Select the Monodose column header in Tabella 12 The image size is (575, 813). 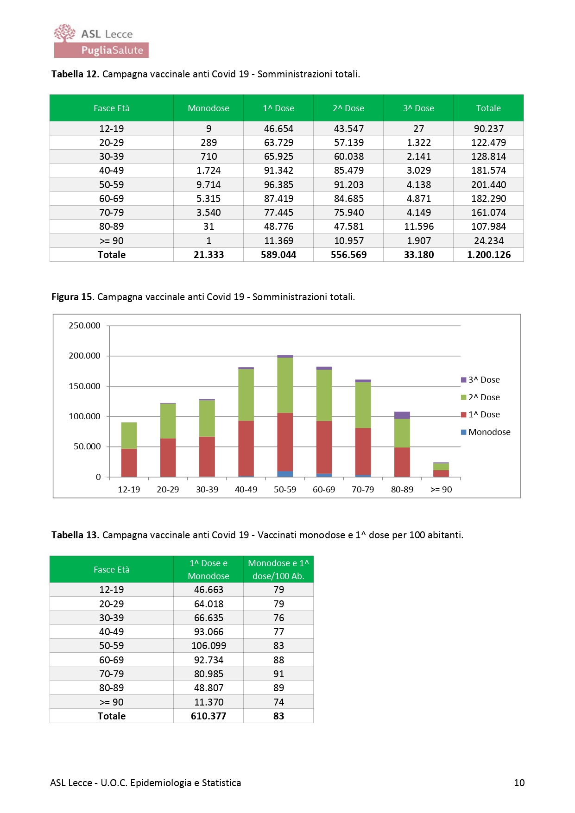pyautogui.click(x=209, y=108)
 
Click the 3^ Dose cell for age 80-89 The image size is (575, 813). pyautogui.click(x=418, y=227)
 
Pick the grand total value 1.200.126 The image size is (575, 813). pyautogui.click(x=488, y=255)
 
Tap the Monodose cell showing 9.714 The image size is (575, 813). pyautogui.click(x=209, y=185)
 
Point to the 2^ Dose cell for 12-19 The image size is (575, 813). pyautogui.click(x=348, y=129)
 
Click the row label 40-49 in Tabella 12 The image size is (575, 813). pyautogui.click(x=112, y=170)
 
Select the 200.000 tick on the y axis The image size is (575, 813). pyautogui.click(x=84, y=356)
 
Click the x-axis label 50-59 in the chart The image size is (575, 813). pyautogui.click(x=285, y=490)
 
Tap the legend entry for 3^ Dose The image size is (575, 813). pyautogui.click(x=480, y=380)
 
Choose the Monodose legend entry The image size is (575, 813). pyautogui.click(x=486, y=432)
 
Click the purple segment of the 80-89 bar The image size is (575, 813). pyautogui.click(x=402, y=415)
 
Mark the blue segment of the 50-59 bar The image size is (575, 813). pyautogui.click(x=285, y=474)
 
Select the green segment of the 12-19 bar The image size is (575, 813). pyautogui.click(x=129, y=435)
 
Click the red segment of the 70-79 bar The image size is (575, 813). pyautogui.click(x=363, y=451)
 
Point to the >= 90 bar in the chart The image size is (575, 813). pyautogui.click(x=441, y=470)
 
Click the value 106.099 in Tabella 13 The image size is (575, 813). pyautogui.click(x=209, y=646)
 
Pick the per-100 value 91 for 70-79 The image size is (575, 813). pyautogui.click(x=278, y=674)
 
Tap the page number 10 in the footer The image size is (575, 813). pyautogui.click(x=519, y=783)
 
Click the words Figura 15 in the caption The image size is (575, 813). pyautogui.click(x=72, y=297)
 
